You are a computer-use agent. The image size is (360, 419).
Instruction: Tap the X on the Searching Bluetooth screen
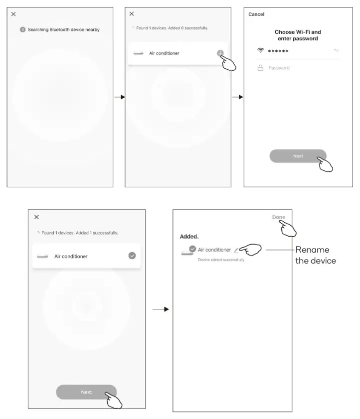coord(13,14)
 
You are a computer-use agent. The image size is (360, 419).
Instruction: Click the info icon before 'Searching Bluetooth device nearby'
coord(22,30)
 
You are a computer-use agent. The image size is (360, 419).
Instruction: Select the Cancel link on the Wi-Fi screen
coord(256,14)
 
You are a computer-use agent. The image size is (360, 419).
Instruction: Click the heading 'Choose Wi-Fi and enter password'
coord(298,35)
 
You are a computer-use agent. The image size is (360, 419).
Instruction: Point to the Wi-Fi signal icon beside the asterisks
coord(260,51)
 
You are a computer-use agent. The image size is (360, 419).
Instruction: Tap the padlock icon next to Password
coord(260,68)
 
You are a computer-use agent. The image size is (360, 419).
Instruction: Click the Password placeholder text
coord(279,68)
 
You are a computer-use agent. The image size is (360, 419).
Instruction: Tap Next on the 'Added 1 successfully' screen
coord(86,392)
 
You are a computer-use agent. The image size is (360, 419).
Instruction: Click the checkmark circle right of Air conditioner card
coord(132,256)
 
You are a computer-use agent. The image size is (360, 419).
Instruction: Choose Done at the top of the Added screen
coord(279,217)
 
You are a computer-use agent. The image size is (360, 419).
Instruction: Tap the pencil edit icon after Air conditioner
coord(236,250)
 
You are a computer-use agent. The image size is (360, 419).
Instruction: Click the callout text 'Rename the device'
coord(315,255)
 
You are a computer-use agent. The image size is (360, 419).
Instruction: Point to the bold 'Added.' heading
coord(189,237)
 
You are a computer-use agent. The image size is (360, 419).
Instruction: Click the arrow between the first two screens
coord(119,97)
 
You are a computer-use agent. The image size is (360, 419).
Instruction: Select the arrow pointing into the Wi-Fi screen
coord(238,97)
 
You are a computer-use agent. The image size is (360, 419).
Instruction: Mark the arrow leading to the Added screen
coord(160,309)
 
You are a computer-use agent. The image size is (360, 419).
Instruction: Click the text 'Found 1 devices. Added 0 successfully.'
coord(172,28)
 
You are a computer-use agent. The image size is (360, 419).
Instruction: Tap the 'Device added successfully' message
coord(221,260)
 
